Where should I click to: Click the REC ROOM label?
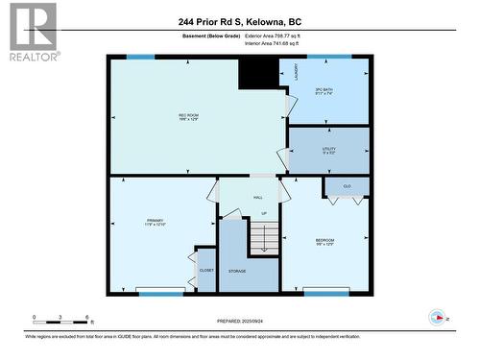click(x=188, y=117)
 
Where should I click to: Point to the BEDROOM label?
click(x=325, y=242)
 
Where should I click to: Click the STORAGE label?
click(x=237, y=271)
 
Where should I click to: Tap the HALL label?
click(x=258, y=198)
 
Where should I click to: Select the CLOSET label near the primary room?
click(x=206, y=271)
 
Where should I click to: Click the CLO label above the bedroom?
click(x=347, y=185)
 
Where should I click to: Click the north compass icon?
click(x=439, y=317)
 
